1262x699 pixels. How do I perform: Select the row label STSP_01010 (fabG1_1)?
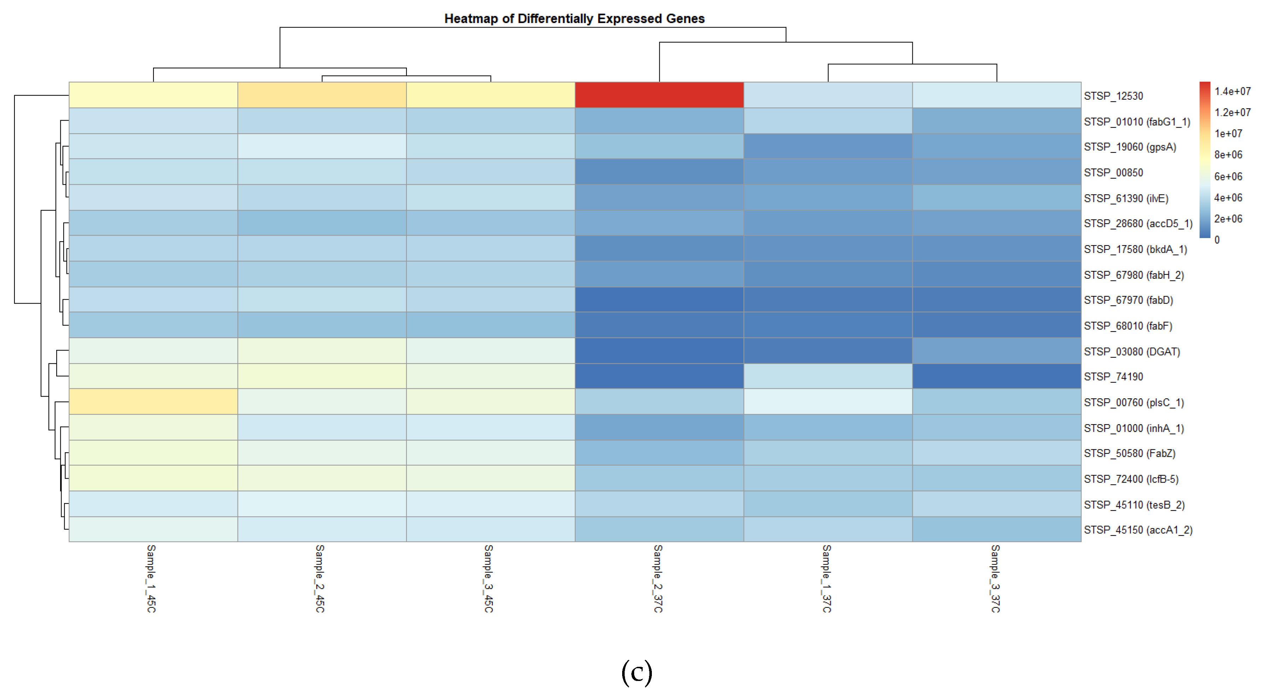coord(1137,122)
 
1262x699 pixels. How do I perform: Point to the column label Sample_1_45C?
coord(151,578)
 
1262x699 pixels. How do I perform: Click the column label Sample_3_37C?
coord(995,578)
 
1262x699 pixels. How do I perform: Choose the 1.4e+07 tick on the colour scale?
coord(1232,91)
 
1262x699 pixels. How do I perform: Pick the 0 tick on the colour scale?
coord(1217,240)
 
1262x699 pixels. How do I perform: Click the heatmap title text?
coord(574,19)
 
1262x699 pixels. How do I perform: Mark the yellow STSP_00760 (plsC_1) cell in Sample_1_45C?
coord(153,402)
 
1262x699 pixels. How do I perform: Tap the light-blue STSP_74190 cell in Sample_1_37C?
coord(828,376)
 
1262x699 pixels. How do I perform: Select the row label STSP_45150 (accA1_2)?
coord(1138,530)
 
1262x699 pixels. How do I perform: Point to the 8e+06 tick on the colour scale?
coord(1228,155)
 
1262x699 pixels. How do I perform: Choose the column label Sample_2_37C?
coord(658,578)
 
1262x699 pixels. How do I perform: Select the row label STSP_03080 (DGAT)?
coord(1132,352)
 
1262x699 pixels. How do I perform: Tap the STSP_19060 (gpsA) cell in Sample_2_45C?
coord(322,146)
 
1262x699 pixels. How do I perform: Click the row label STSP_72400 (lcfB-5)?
coord(1131,479)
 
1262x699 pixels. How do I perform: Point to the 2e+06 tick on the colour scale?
coord(1228,219)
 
